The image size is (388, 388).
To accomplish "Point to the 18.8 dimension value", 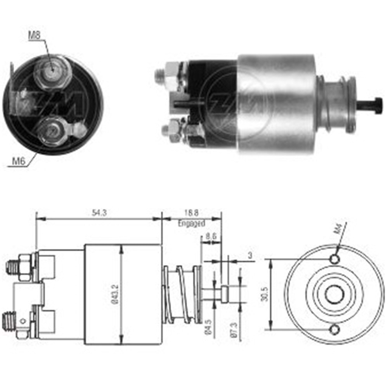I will click(191, 213).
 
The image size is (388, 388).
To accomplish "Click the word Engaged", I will click(191, 223).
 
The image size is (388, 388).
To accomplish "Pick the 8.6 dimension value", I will click(211, 235).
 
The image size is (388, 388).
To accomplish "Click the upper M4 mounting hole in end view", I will click(334, 259).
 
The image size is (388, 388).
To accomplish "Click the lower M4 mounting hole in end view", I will click(334, 330).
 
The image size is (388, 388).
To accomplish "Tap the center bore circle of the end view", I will click(334, 294).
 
